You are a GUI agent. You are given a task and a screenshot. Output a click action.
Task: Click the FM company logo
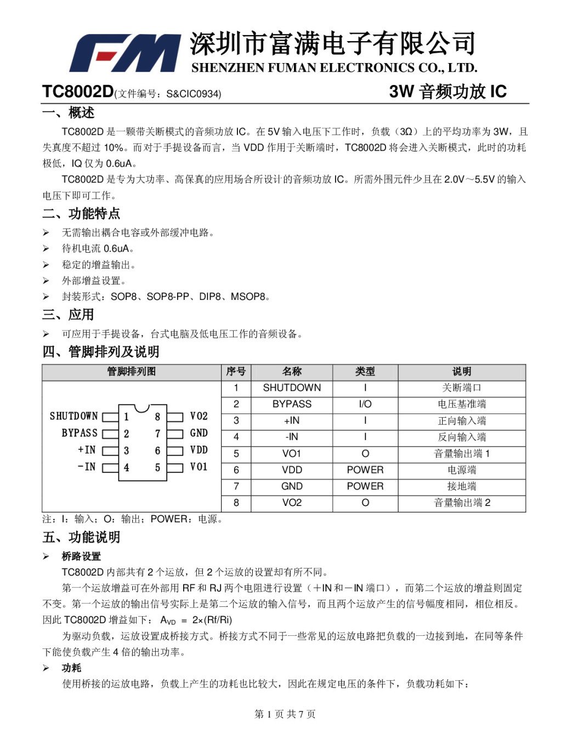125,53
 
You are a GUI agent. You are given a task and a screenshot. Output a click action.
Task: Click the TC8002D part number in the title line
77,92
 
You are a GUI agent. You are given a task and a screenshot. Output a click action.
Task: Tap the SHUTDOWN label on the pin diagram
73,416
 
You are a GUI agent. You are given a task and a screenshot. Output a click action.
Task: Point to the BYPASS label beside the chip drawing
79,433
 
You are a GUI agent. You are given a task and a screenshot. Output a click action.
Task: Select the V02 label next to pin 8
199,416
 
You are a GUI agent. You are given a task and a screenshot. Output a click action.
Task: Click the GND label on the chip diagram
199,433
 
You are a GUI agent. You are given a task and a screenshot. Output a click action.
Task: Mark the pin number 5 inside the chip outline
157,468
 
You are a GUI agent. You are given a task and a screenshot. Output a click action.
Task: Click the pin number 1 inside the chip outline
127,417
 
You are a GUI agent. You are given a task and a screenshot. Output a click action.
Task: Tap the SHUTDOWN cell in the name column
292,388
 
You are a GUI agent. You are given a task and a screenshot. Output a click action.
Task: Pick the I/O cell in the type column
365,404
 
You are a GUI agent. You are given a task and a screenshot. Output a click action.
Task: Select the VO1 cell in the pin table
292,453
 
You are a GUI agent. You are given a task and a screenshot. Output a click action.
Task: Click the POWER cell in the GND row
365,486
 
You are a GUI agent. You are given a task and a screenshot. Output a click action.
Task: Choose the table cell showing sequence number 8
236,503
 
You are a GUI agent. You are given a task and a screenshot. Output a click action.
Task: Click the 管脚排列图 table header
132,372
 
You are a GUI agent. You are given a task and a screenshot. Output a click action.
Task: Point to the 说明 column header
461,372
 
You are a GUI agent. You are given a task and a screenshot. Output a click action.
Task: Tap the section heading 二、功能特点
81,213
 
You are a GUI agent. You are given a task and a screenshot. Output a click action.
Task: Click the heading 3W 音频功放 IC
448,92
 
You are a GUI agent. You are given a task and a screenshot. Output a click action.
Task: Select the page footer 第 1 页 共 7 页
285,714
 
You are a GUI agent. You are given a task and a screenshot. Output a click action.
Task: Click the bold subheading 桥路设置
81,556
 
